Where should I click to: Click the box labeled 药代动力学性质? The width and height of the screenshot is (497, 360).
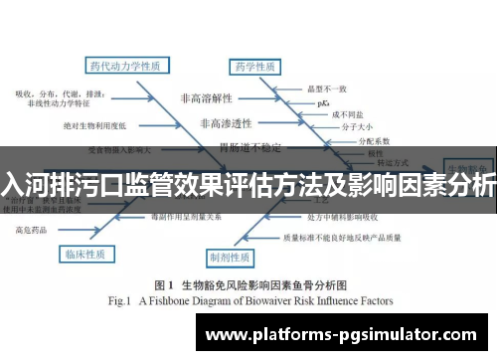124,67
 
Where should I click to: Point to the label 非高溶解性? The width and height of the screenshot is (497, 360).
204,98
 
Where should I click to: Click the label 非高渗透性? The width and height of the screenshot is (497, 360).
226,124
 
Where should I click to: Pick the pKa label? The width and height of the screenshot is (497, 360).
321,102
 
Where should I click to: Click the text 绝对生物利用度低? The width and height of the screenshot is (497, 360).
92,126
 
